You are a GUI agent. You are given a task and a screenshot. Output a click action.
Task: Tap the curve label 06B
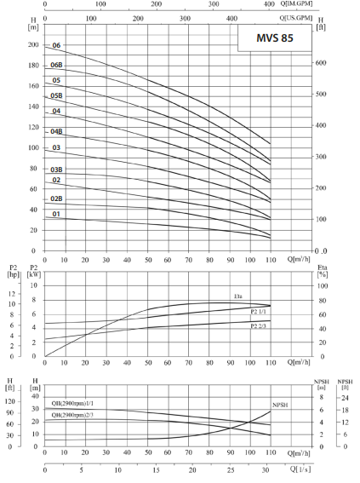tap(56, 65)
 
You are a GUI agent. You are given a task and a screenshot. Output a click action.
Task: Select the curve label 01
tap(56, 214)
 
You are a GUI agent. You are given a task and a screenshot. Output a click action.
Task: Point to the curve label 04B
tap(56, 131)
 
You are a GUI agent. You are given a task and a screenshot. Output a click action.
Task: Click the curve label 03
tap(56, 147)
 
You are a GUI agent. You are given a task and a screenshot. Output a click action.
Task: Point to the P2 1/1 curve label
tap(260, 312)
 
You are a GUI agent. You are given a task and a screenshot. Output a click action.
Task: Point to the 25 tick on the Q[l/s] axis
tap(231, 470)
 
